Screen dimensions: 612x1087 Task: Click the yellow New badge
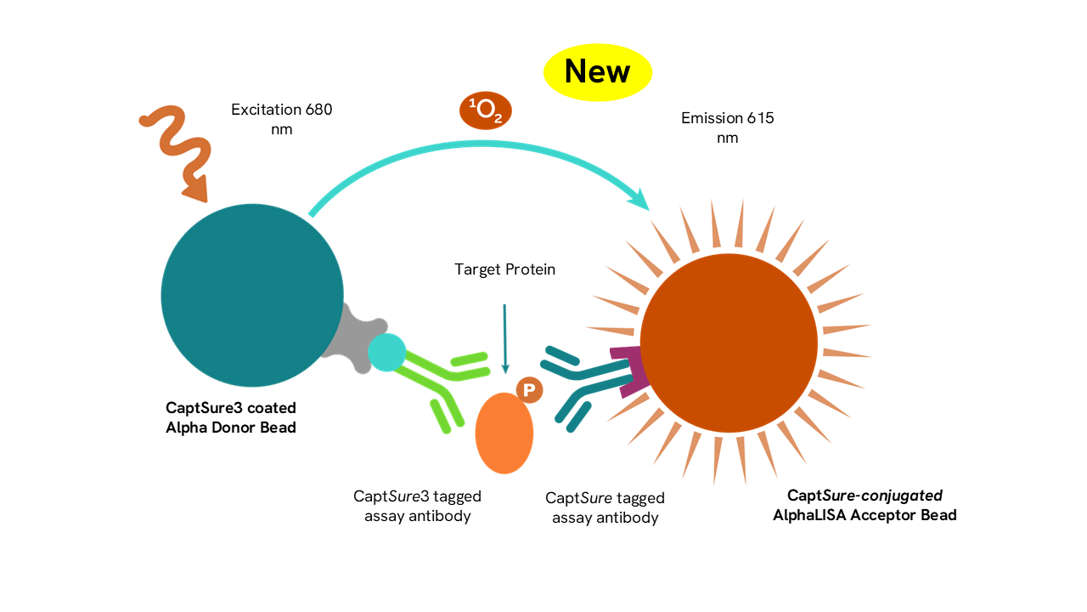tap(597, 71)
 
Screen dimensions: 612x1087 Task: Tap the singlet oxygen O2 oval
tap(486, 111)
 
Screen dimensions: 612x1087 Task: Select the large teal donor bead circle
tap(252, 295)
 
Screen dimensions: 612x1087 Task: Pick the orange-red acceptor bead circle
tap(729, 343)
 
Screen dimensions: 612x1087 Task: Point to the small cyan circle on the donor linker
tap(387, 353)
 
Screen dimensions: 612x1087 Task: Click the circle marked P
tap(529, 390)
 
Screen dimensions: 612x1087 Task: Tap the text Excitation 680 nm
tap(281, 119)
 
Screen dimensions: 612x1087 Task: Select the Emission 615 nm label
tap(727, 127)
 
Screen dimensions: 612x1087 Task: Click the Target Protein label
tap(504, 269)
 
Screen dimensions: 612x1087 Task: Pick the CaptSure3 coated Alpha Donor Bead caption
tap(231, 418)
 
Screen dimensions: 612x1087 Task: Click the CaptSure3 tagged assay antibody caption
tap(417, 506)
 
